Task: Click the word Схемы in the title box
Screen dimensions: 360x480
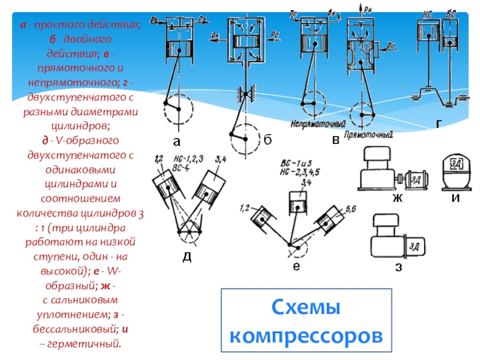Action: (307, 309)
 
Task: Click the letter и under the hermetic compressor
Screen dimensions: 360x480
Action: (455, 198)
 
